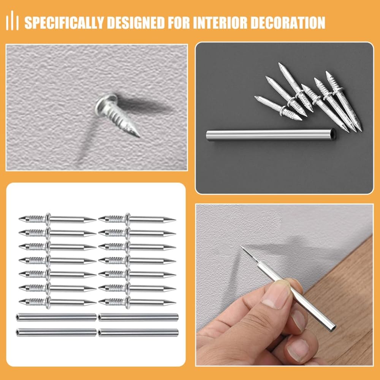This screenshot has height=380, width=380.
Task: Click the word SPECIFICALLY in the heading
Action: pos(64,22)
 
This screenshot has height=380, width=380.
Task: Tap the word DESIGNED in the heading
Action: pos(136,22)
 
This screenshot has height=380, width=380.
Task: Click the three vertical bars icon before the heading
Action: pos(13,21)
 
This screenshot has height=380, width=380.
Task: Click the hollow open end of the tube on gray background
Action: pos(333,135)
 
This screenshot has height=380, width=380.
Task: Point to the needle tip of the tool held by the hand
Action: pos(241,247)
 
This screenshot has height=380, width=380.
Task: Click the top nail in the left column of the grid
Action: pos(57,219)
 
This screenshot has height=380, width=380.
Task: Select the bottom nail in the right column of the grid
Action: pos(137,302)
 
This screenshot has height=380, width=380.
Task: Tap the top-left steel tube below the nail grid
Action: pos(56,317)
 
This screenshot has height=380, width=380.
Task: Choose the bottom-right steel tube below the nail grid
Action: pos(138,332)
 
